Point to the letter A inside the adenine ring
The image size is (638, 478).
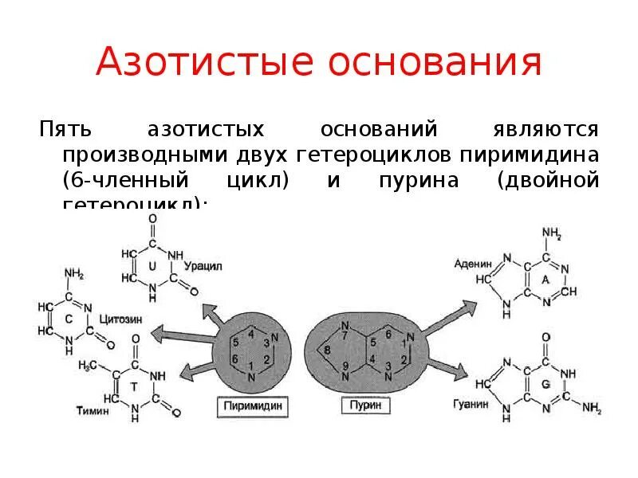point(545,280)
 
